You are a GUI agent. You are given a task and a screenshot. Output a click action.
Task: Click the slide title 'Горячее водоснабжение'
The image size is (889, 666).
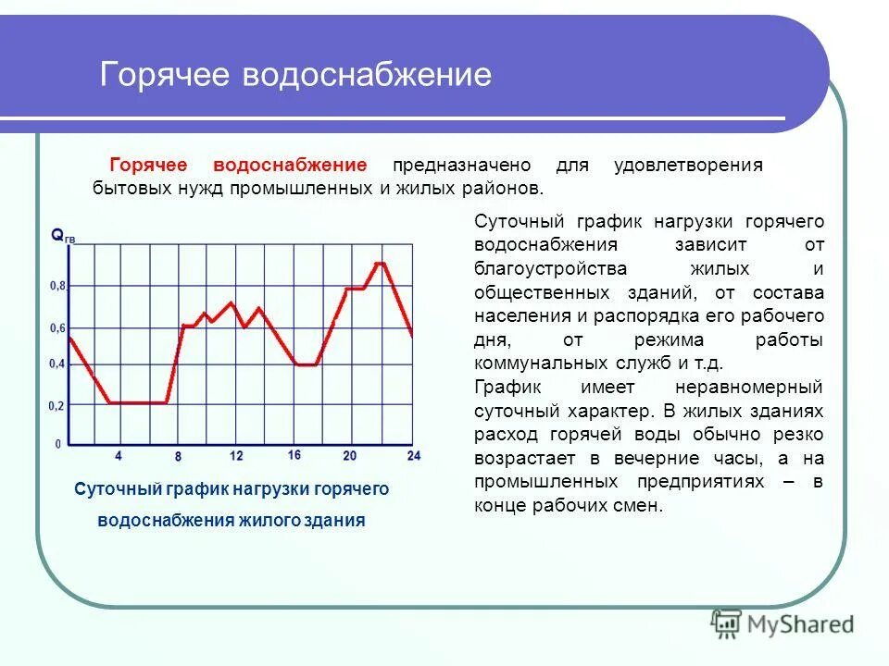(x=295, y=75)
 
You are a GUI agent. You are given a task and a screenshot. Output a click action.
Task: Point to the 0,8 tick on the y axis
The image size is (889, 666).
(x=57, y=287)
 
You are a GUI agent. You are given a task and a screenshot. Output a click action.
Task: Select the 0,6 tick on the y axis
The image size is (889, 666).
(x=57, y=328)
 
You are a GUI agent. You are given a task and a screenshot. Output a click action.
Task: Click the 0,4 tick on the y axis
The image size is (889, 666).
(x=57, y=364)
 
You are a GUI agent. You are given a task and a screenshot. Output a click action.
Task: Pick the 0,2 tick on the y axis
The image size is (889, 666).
(x=57, y=406)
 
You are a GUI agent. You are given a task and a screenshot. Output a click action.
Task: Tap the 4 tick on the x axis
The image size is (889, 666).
(x=118, y=456)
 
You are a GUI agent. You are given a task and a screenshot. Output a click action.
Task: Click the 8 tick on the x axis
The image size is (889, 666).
(x=177, y=457)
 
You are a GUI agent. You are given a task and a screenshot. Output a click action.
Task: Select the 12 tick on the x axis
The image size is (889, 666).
(x=236, y=456)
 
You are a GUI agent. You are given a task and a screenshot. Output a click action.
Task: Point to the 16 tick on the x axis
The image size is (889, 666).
(x=294, y=455)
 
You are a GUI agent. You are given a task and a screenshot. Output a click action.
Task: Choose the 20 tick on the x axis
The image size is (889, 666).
(x=349, y=456)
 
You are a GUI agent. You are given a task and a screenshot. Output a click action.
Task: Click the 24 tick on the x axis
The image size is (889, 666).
(x=413, y=456)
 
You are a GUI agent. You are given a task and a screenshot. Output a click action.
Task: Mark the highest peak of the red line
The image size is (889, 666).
(x=380, y=264)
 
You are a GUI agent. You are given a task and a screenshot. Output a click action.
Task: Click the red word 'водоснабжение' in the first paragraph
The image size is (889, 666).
(x=290, y=166)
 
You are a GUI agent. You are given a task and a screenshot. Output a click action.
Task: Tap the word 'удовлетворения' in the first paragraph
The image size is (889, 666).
(x=688, y=166)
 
